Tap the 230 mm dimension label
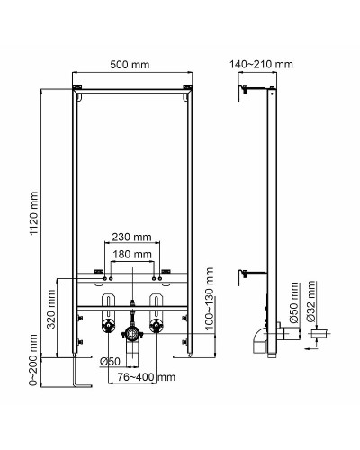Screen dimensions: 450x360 click(x=132, y=238)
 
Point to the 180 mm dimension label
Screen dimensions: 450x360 click(x=132, y=256)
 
